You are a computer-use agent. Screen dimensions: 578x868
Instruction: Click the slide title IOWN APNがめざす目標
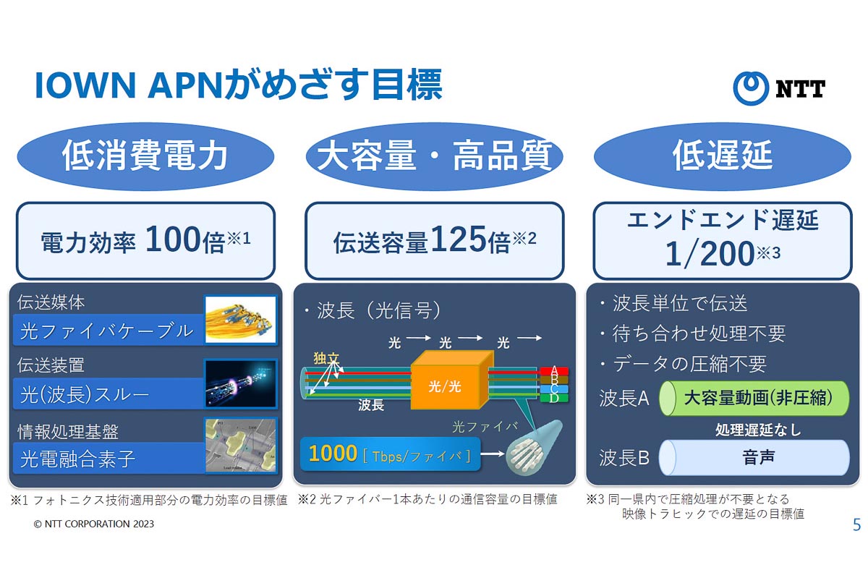(238, 85)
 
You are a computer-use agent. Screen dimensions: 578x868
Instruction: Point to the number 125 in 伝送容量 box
(459, 242)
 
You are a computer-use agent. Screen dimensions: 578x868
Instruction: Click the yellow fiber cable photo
(241, 319)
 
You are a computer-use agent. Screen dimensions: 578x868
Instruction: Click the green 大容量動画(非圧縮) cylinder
(754, 397)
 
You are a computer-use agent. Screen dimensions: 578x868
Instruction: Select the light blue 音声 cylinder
(754, 457)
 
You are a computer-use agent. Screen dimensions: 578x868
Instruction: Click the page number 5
(856, 525)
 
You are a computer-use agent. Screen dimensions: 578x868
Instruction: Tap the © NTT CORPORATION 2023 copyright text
(94, 524)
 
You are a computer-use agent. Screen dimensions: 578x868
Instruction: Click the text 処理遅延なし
(757, 429)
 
